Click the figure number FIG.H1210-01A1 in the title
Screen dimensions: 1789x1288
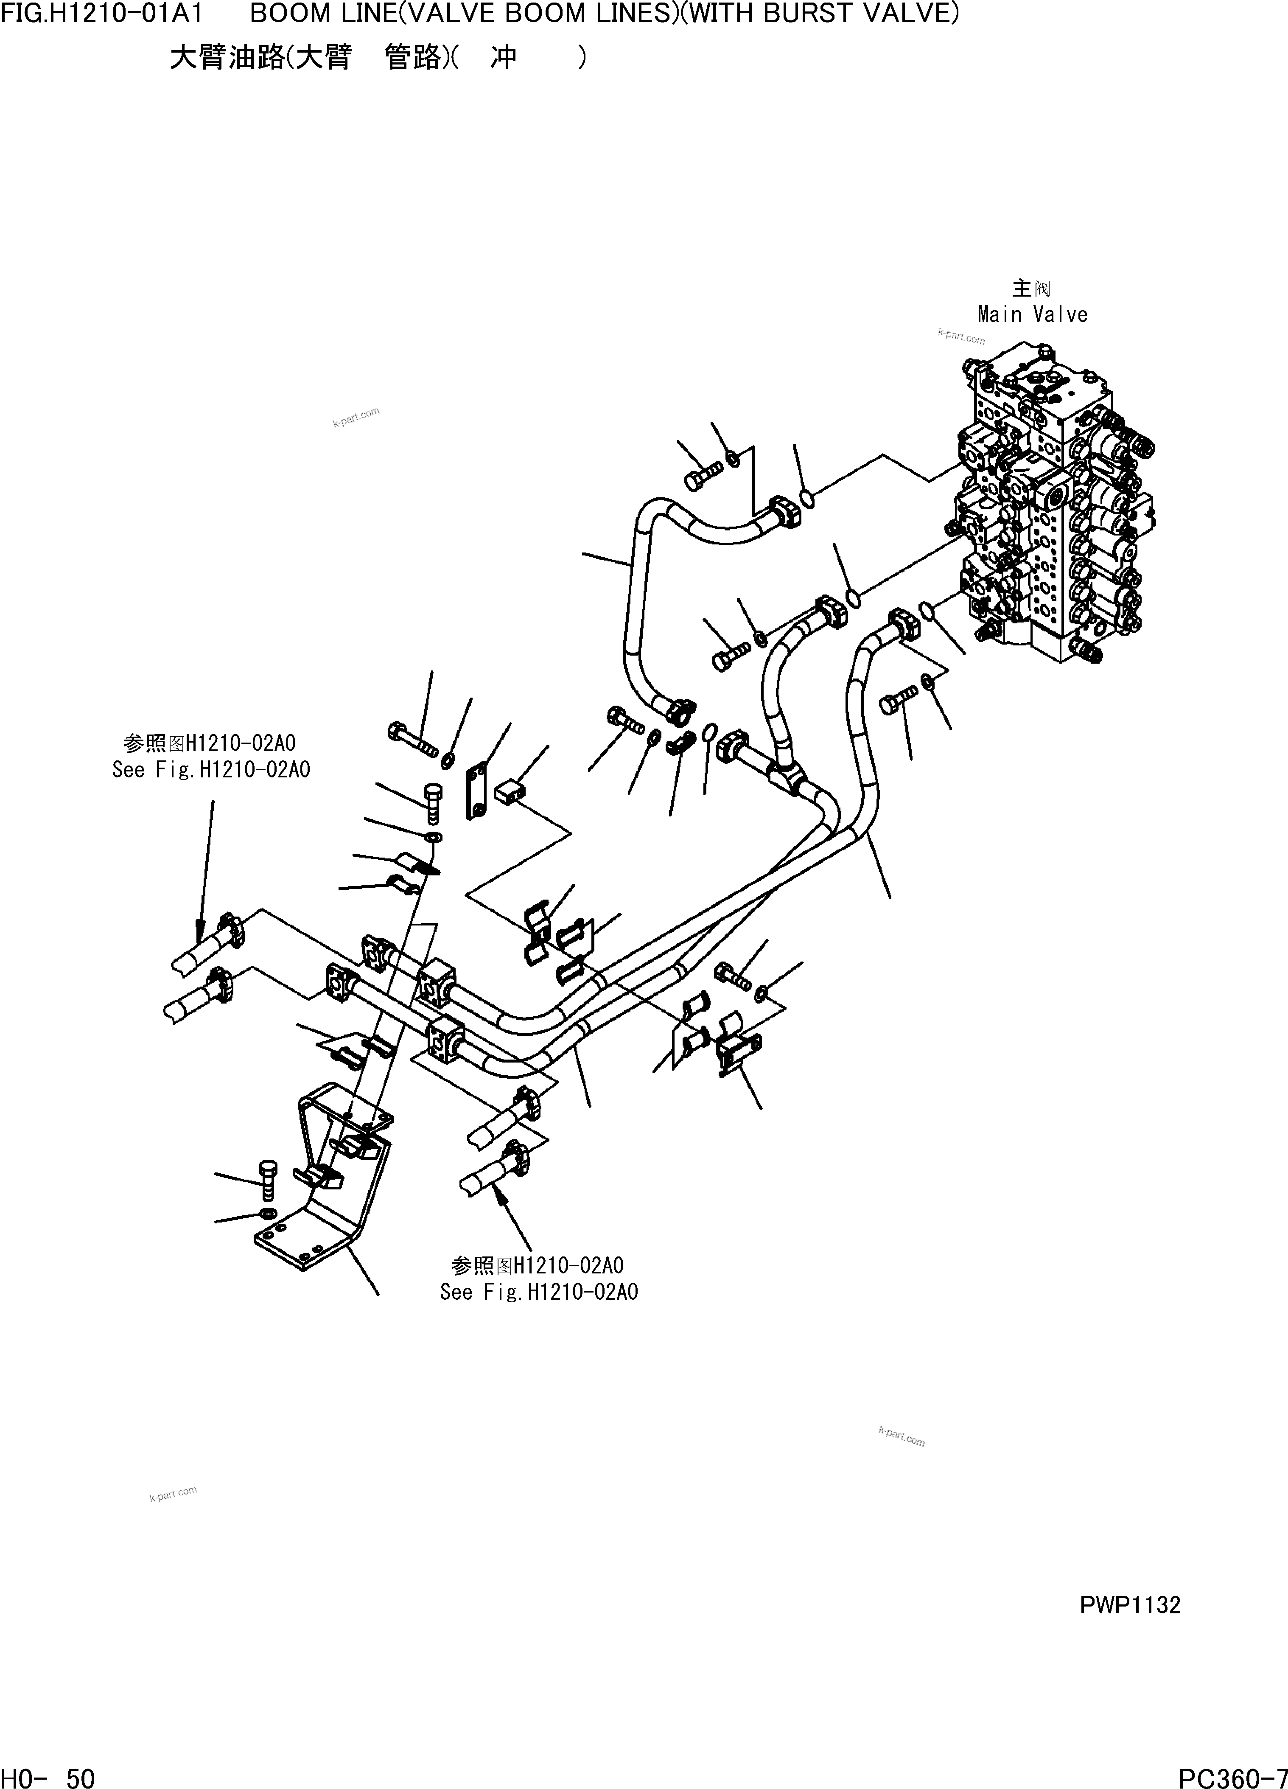point(103,14)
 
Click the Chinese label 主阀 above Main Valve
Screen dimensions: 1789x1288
point(1031,289)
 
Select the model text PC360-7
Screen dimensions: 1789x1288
point(1232,1777)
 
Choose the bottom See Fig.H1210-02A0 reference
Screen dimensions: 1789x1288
point(539,1292)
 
